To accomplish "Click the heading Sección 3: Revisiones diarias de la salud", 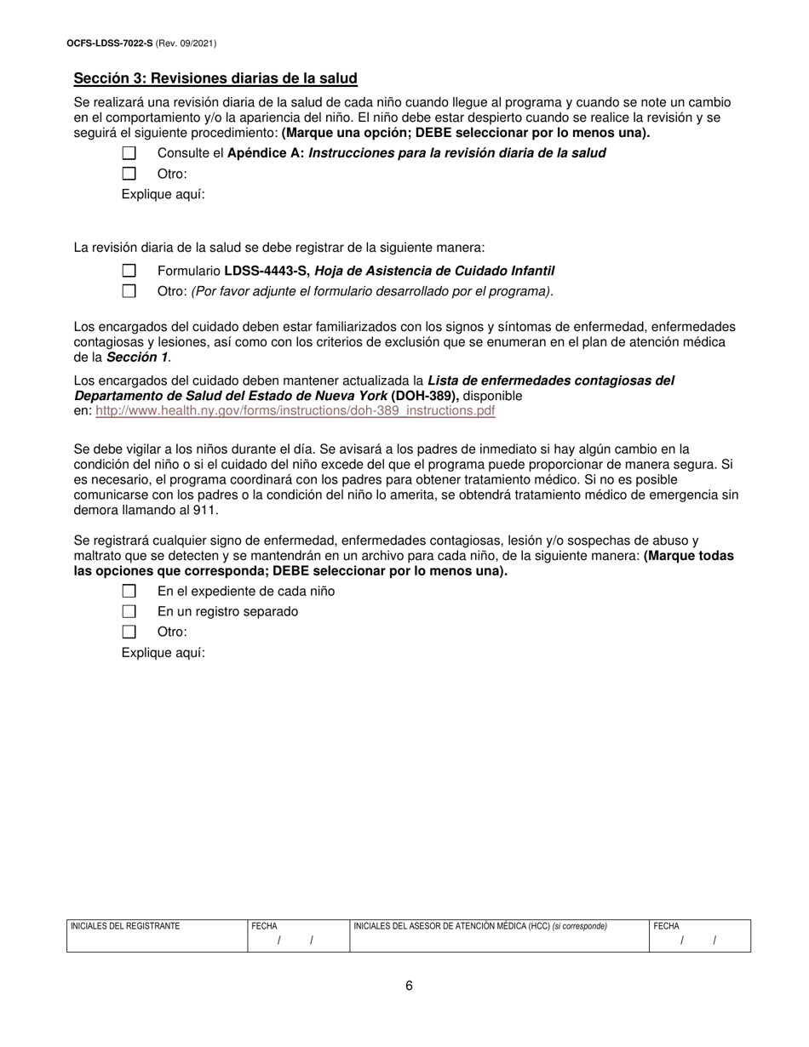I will pyautogui.click(x=215, y=78).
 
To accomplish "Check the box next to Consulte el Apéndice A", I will pyautogui.click(x=129, y=153).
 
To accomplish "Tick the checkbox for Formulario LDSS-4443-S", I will pyautogui.click(x=129, y=271).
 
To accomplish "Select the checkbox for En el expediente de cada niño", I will pyautogui.click(x=129, y=591).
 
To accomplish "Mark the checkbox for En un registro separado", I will pyautogui.click(x=129, y=611).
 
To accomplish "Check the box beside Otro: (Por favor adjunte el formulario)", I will pyautogui.click(x=129, y=291).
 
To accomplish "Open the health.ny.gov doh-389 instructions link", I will pyautogui.click(x=295, y=410).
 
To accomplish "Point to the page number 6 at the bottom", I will pyautogui.click(x=409, y=986).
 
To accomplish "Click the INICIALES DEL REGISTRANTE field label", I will pyautogui.click(x=125, y=926).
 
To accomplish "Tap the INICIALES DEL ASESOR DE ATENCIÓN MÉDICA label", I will pyautogui.click(x=451, y=926).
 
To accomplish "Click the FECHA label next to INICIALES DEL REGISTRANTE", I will pyautogui.click(x=264, y=926).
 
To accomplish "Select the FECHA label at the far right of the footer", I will pyautogui.click(x=666, y=926).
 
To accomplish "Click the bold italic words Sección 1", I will pyautogui.click(x=137, y=358).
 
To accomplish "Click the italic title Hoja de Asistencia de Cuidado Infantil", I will pyautogui.click(x=434, y=271).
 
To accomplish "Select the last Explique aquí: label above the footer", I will pyautogui.click(x=164, y=653).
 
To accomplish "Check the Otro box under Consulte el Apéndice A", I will pyautogui.click(x=129, y=174).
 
